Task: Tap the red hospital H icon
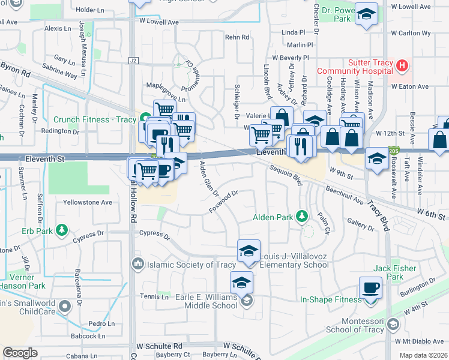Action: (x=402, y=64)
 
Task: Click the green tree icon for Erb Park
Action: (x=61, y=229)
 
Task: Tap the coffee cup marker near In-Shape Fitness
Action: (x=370, y=287)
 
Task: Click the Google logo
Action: (x=20, y=353)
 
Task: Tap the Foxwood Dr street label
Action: (x=224, y=202)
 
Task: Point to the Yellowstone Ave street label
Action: (x=88, y=202)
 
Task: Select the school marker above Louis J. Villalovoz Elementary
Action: (x=249, y=251)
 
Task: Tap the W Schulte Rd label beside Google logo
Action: (x=159, y=346)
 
